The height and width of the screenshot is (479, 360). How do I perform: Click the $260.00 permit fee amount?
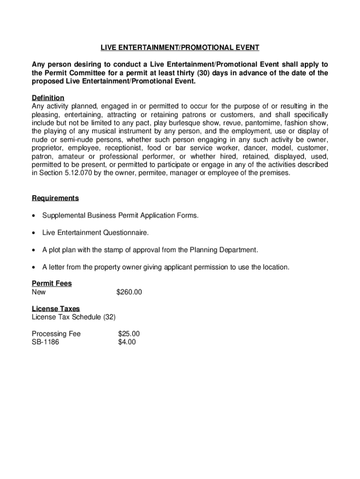(129, 292)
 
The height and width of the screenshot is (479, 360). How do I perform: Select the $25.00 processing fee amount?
(129, 334)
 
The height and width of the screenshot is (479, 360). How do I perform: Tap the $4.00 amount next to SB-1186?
(127, 342)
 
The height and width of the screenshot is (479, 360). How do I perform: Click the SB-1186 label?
(45, 342)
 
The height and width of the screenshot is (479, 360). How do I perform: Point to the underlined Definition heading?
(48, 98)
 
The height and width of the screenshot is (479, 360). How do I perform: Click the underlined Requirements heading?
(55, 198)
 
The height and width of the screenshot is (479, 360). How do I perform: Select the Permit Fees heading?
(51, 284)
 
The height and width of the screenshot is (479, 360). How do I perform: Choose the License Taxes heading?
(56, 309)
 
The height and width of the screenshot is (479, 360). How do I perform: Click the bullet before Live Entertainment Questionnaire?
(34, 233)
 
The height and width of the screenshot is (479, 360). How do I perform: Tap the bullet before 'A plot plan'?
(34, 250)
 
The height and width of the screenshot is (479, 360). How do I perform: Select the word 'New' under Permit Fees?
(39, 292)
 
